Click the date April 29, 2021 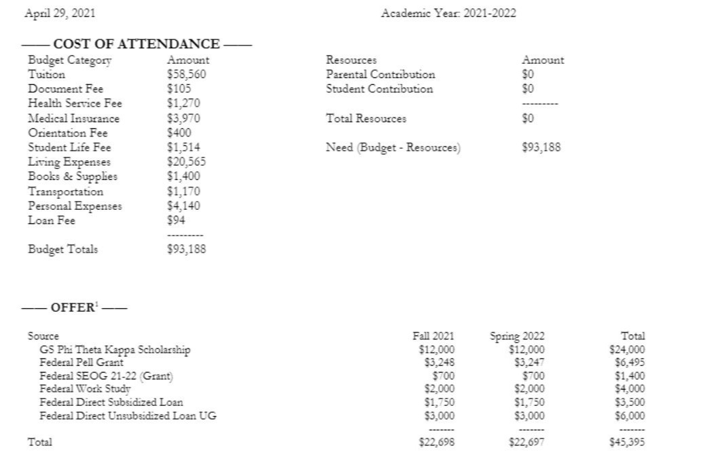60,13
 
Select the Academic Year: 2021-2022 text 448,13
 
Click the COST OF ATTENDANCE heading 136,44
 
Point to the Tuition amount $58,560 186,74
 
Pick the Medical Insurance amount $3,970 183,118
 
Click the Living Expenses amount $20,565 186,162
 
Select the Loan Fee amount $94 175,220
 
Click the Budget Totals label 62,249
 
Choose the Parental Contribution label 380,74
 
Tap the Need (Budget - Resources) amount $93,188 541,147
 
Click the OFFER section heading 73,307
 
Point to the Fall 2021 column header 433,336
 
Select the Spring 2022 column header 517,336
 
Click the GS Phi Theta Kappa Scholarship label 115,350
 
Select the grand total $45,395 627,442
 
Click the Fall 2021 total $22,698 437,442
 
